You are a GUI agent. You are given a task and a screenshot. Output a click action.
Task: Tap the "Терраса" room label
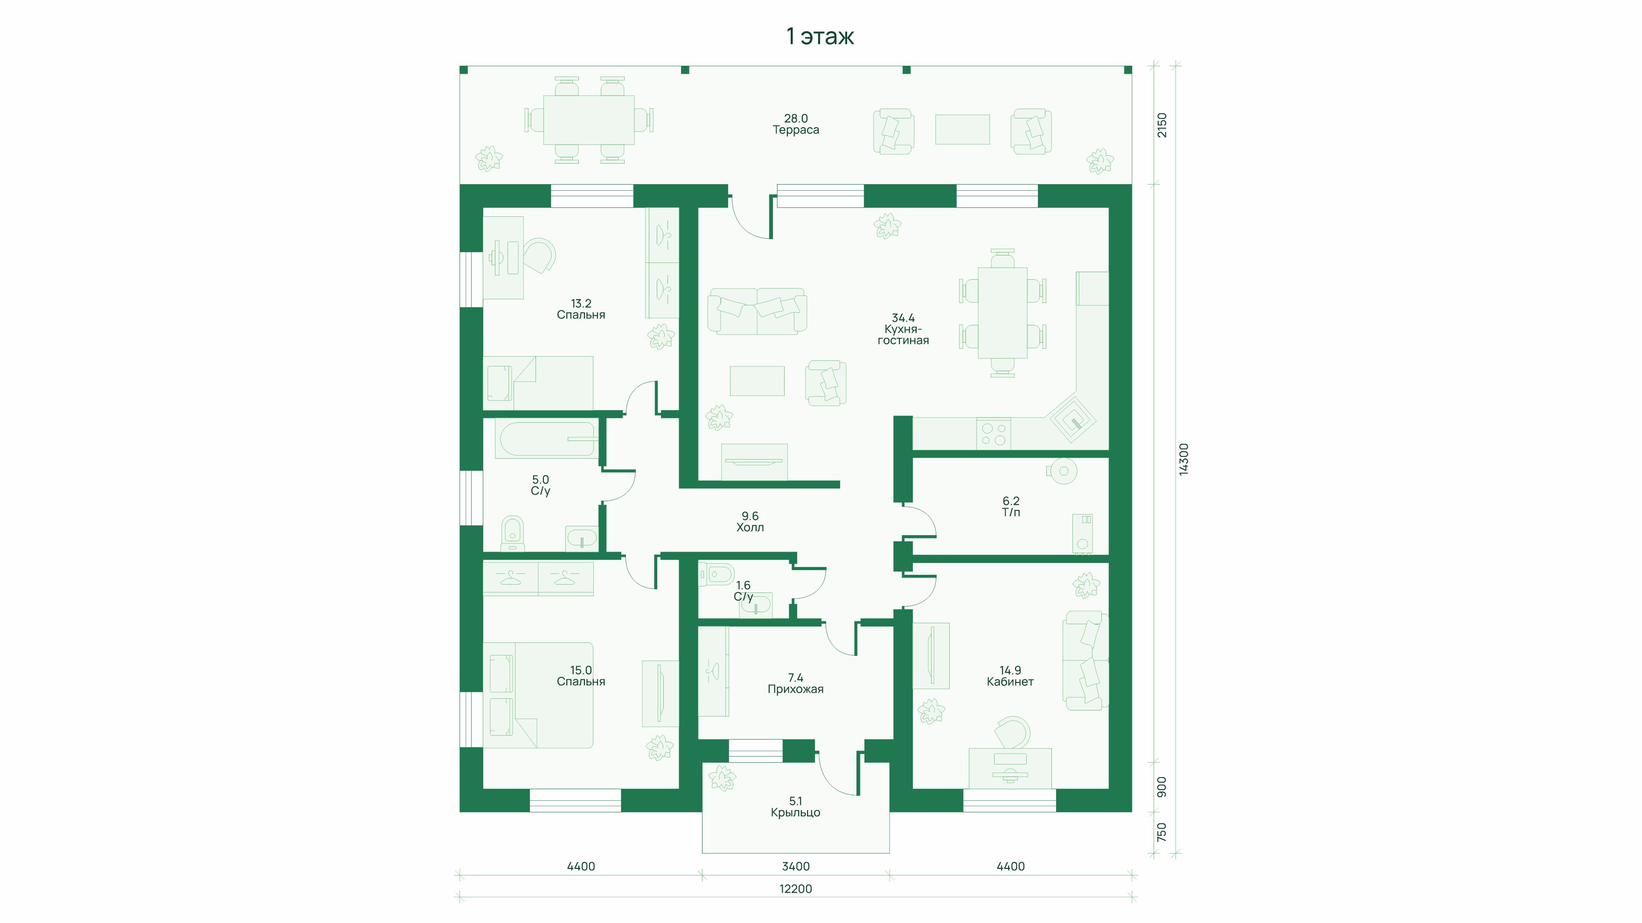tap(795, 130)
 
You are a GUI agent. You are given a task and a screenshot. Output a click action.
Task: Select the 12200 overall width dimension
tap(795, 889)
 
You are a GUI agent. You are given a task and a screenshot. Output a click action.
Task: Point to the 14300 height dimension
tap(1184, 459)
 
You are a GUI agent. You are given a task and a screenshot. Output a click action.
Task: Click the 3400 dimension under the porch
tap(795, 866)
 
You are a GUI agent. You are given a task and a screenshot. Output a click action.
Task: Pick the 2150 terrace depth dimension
tap(1162, 125)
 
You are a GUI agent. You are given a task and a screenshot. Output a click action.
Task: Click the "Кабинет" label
tap(1009, 682)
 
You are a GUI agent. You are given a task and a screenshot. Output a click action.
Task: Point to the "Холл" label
tap(750, 527)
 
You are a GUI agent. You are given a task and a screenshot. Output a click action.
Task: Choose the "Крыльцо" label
tap(795, 813)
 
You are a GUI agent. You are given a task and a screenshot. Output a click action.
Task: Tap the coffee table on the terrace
tap(962, 129)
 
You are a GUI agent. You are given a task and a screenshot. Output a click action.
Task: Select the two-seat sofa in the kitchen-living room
tap(757, 311)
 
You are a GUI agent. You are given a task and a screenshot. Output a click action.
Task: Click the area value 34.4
tap(903, 318)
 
